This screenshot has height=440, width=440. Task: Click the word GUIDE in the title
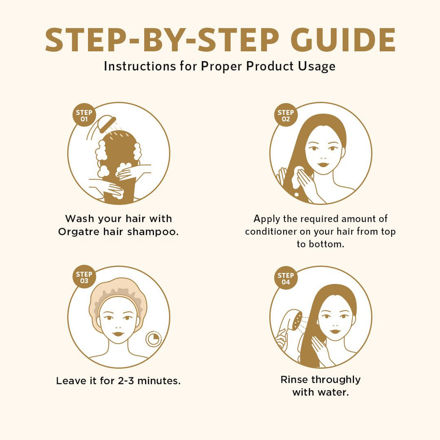[x=343, y=40]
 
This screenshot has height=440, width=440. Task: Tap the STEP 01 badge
[x=84, y=115]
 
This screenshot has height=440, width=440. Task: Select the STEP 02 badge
[x=286, y=115]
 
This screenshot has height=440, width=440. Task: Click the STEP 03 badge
[x=84, y=277]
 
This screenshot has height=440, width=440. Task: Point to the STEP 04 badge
[x=286, y=278]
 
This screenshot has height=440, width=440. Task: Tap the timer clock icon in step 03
[x=154, y=339]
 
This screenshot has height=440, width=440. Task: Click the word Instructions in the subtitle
[x=140, y=66]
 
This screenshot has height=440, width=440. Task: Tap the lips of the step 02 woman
[x=323, y=164]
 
